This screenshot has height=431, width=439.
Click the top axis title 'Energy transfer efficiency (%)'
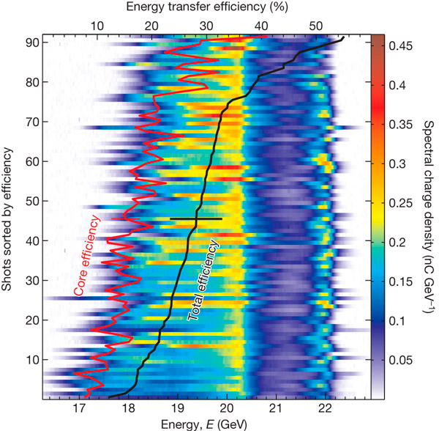click(x=207, y=7)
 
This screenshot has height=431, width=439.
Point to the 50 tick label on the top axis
click(x=315, y=26)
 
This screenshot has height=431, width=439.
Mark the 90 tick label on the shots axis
click(x=32, y=42)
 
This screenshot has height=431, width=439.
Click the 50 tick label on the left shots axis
click(x=32, y=201)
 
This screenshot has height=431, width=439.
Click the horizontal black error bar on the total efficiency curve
click(x=195, y=218)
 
